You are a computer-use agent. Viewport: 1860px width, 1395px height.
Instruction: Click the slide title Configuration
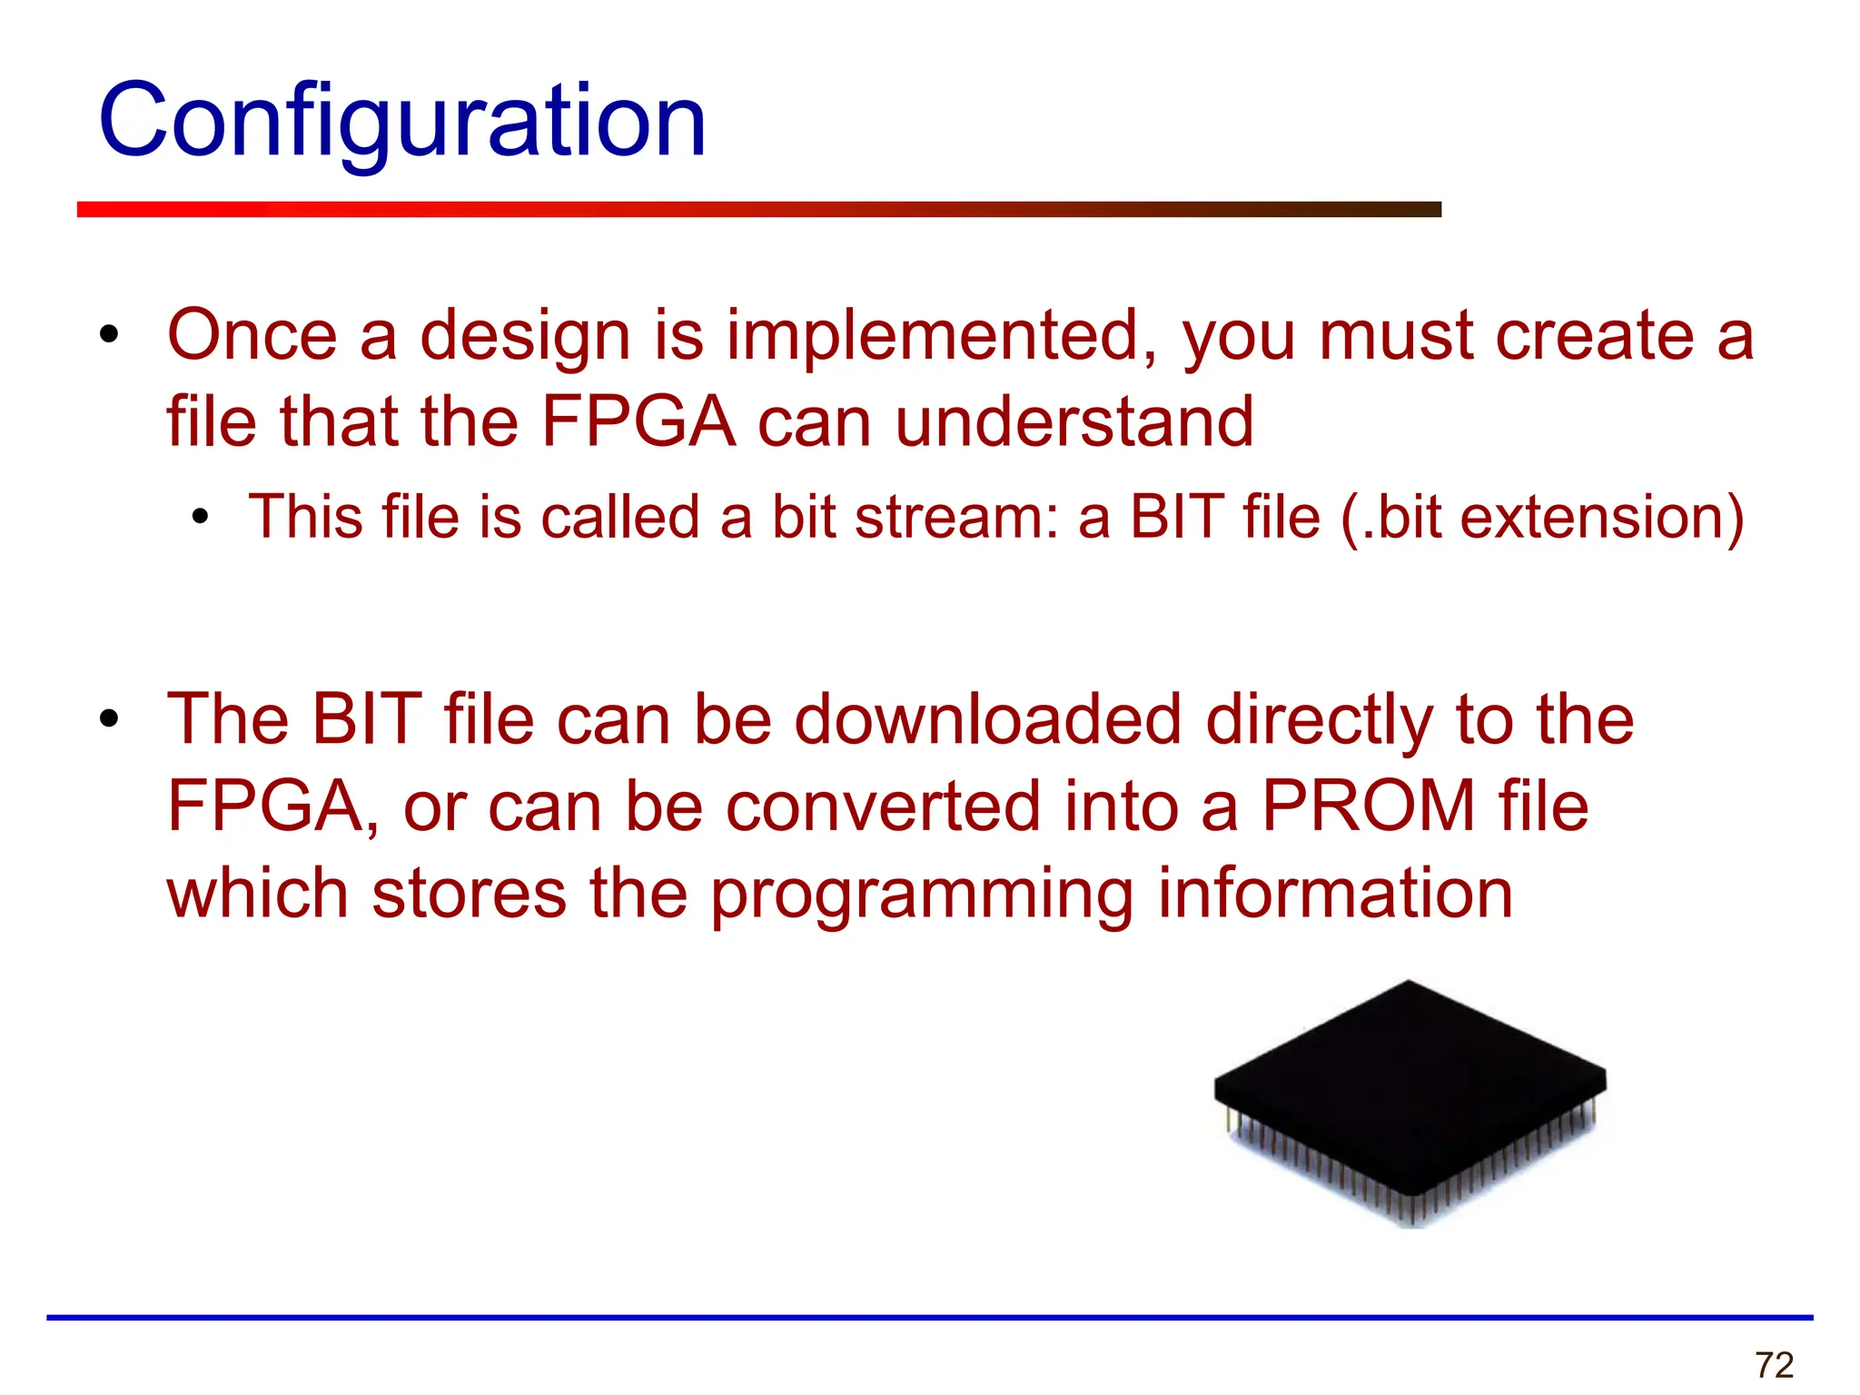(x=401, y=121)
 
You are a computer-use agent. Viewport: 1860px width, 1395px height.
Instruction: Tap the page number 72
(x=1775, y=1365)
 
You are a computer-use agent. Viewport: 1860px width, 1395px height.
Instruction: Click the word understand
(x=1074, y=423)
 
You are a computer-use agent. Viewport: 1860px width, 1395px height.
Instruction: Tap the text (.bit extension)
(x=1541, y=518)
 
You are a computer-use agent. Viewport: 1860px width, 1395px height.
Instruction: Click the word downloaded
(x=987, y=720)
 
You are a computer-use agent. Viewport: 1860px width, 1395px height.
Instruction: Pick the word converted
(x=883, y=806)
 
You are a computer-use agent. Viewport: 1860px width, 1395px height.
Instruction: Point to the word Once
(x=252, y=336)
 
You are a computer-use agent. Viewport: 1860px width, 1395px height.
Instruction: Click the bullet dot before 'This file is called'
(x=201, y=519)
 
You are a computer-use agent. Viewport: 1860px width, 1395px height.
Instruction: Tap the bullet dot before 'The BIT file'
(x=110, y=720)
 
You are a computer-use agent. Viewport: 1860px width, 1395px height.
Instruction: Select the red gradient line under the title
(x=758, y=210)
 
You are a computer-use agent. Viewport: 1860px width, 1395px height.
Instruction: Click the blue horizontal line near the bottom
(x=929, y=1317)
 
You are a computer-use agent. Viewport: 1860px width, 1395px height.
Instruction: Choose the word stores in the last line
(x=470, y=894)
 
